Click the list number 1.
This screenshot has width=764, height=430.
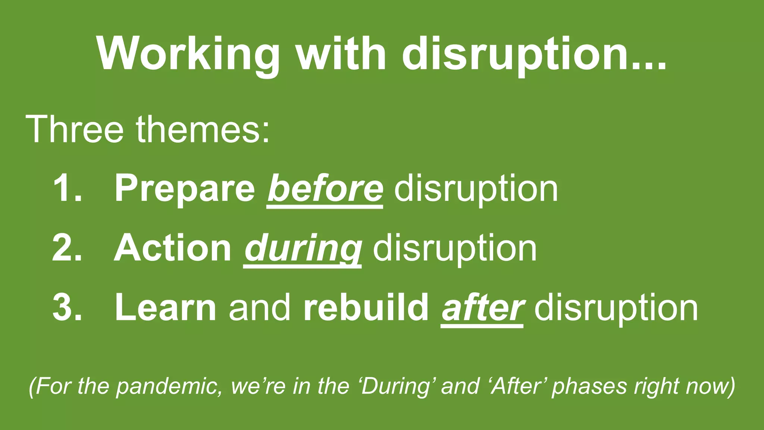[67, 188]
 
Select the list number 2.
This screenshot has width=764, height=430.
[67, 248]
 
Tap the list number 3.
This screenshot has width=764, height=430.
[67, 308]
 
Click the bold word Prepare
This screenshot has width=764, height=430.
[185, 188]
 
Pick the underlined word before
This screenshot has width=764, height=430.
[325, 188]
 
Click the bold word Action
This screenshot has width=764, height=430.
[173, 248]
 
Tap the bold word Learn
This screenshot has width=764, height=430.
[165, 308]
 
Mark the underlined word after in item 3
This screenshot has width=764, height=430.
[482, 308]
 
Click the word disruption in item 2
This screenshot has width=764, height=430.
[455, 248]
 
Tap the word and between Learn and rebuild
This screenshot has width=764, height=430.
[260, 308]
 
